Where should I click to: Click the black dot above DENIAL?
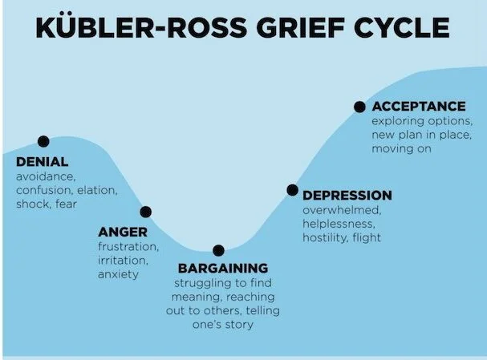pos(43,142)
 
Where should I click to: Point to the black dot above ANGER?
pos(146,212)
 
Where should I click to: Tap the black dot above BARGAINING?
pos(218,250)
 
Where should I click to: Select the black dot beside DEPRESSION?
pos(292,190)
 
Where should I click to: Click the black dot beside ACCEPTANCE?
pos(359,106)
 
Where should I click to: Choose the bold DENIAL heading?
pos(42,162)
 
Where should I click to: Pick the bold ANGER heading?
pos(117,233)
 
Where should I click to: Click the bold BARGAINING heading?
pos(222,268)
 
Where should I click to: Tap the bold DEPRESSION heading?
pos(347,196)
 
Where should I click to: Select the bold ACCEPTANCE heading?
pos(418,106)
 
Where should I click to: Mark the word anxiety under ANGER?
pos(118,274)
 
